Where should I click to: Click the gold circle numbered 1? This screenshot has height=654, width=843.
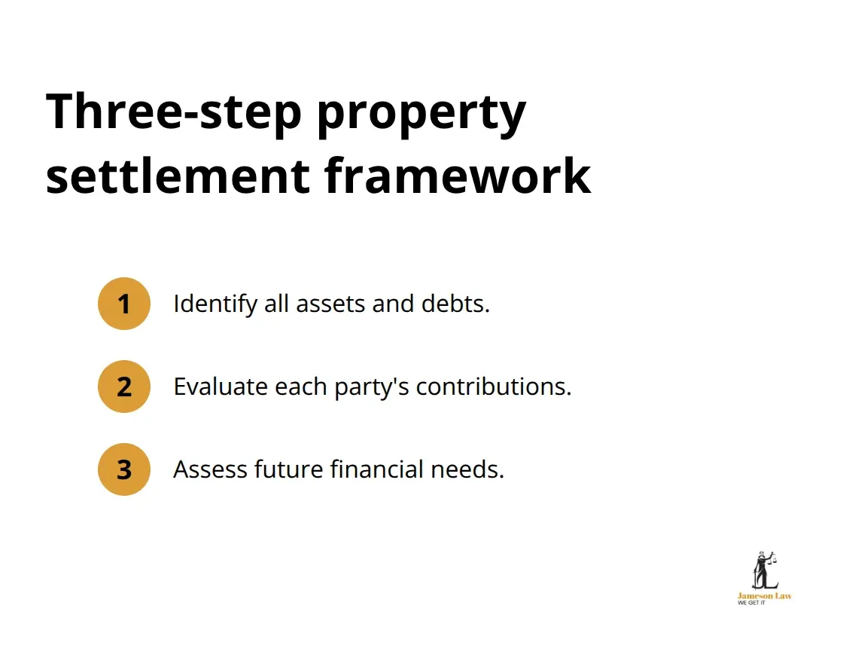(x=123, y=304)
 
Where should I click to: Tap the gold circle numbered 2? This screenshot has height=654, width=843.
(x=123, y=387)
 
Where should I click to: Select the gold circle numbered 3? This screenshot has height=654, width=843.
(x=123, y=469)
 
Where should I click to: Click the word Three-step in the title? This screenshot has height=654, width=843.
(x=174, y=112)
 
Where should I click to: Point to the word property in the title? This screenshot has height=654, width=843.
(x=421, y=115)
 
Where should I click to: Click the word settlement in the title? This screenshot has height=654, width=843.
(x=178, y=176)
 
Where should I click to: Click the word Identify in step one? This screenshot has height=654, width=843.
(x=215, y=304)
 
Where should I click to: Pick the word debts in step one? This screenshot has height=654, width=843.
(x=455, y=304)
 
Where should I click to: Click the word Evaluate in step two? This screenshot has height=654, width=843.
(x=221, y=387)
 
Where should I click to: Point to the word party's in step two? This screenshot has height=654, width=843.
(x=372, y=387)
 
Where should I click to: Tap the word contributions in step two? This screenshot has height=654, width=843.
(x=494, y=387)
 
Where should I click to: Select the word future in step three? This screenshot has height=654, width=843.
(x=289, y=469)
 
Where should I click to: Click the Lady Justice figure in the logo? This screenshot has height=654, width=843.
(x=765, y=570)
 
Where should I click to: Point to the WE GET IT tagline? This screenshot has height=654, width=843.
(x=752, y=603)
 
